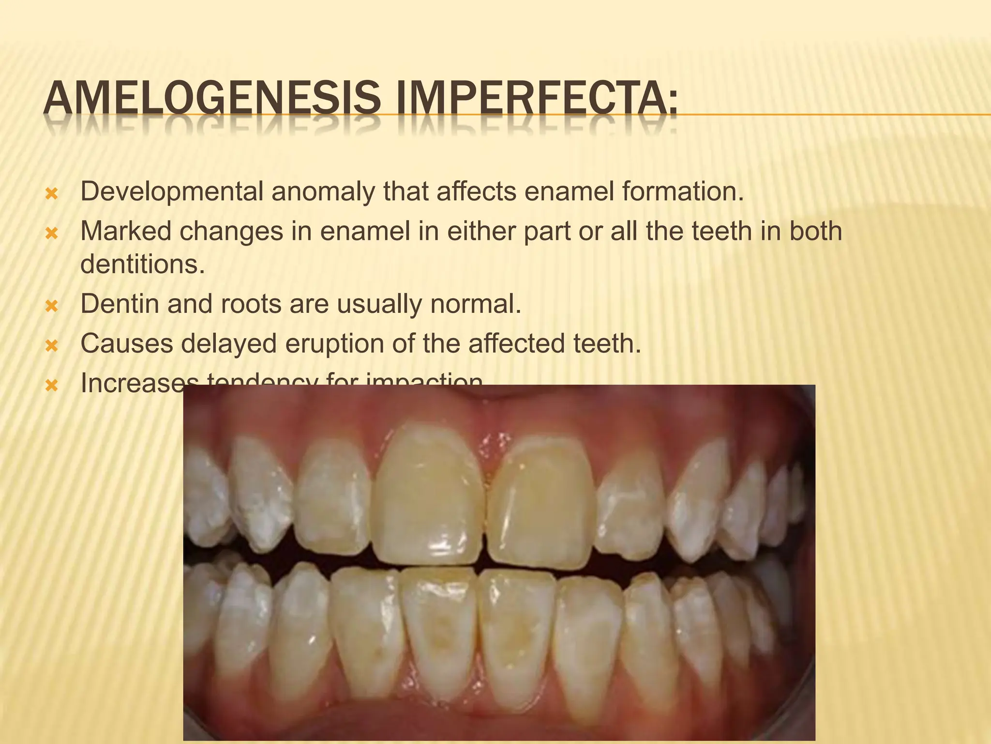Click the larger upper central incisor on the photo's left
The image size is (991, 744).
tap(428, 499)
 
